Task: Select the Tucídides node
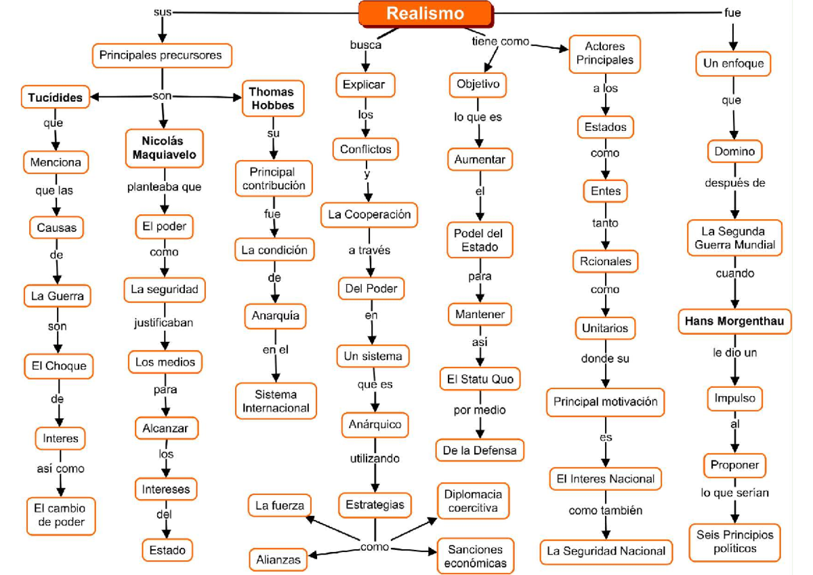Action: [56, 98]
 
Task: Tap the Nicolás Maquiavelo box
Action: [163, 148]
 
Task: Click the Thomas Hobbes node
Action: [272, 98]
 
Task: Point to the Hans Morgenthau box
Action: [734, 321]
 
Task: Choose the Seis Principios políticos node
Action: [734, 541]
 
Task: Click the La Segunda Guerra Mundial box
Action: [734, 238]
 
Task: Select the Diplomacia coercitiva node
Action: [473, 500]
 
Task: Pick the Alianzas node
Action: [278, 560]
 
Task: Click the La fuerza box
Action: [278, 505]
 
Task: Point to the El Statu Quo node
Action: [480, 379]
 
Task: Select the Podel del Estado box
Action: [480, 240]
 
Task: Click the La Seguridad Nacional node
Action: [606, 551]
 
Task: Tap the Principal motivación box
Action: [605, 401]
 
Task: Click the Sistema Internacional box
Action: [276, 401]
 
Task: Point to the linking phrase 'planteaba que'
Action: [164, 186]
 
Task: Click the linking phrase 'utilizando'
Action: [375, 458]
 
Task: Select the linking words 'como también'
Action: [605, 510]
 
